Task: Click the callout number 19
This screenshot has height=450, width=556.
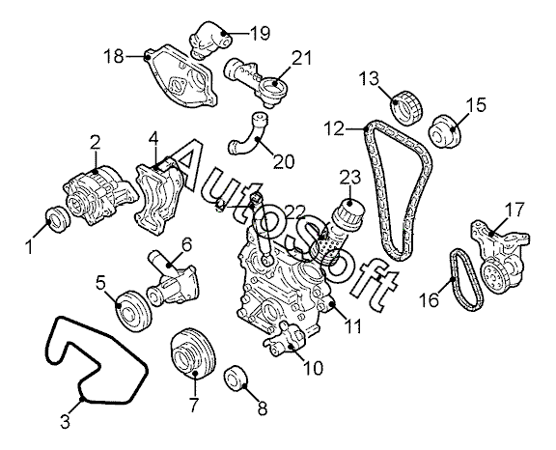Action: click(x=260, y=34)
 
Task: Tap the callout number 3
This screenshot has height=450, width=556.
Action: click(x=66, y=422)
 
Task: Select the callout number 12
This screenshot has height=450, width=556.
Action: click(x=335, y=129)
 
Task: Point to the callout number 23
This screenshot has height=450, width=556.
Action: click(x=350, y=179)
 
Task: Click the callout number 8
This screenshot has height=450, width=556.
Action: click(x=262, y=408)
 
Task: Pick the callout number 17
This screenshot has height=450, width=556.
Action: click(x=514, y=210)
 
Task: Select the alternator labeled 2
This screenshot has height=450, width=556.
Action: click(x=99, y=194)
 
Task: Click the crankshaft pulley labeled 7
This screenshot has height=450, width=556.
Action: click(x=193, y=355)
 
